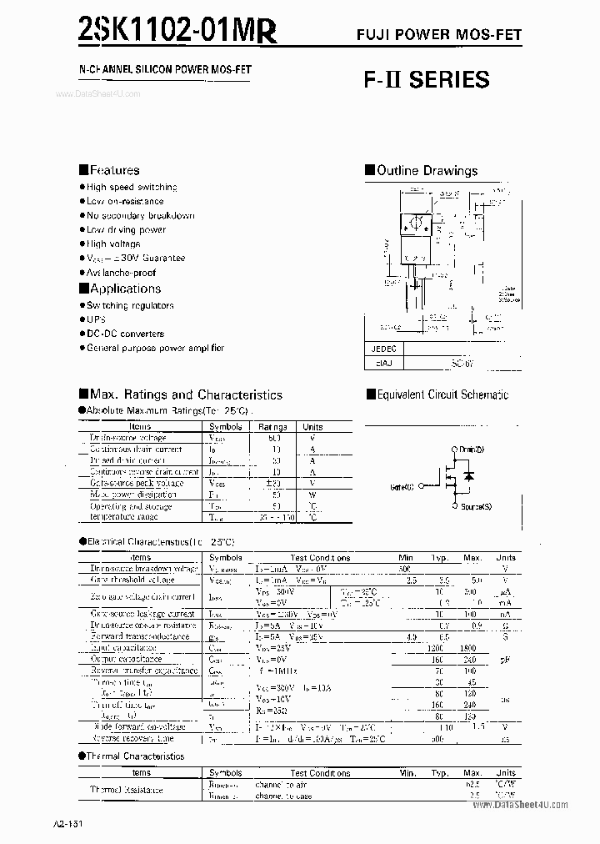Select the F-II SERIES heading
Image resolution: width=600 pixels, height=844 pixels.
[x=426, y=80]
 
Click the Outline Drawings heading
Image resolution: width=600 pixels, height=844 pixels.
[x=427, y=171]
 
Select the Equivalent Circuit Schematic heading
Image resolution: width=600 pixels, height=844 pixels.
[x=442, y=394]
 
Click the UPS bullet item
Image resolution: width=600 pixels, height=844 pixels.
[x=98, y=319]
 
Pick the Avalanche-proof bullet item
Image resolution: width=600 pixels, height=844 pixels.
[x=121, y=273]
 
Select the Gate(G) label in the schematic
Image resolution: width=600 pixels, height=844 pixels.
[x=402, y=485]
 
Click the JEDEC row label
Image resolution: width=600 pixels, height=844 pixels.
[x=384, y=349]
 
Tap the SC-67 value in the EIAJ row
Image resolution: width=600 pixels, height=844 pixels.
[x=461, y=364]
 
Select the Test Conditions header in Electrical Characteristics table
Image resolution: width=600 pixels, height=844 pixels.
[x=320, y=557]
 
